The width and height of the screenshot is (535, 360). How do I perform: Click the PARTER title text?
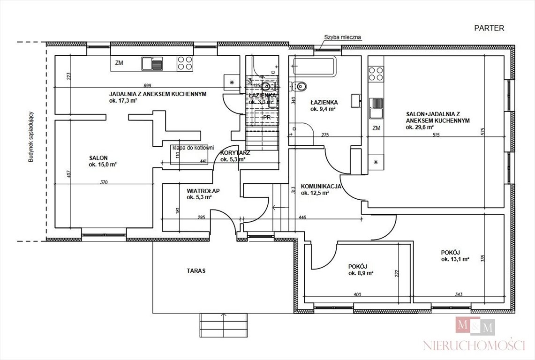pyautogui.click(x=489, y=28)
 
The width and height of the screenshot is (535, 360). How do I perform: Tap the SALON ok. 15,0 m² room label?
pyautogui.click(x=102, y=161)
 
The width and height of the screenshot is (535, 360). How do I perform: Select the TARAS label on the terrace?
pyautogui.click(x=196, y=270)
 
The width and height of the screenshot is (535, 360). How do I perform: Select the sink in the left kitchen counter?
pyautogui.click(x=152, y=64)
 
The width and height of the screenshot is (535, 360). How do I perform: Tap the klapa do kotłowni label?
pyautogui.click(x=193, y=147)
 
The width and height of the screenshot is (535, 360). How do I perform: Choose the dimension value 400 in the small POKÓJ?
pyautogui.click(x=357, y=294)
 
